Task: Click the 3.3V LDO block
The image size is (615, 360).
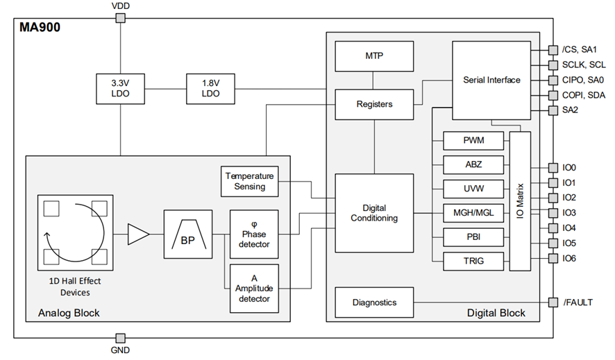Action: click(120, 87)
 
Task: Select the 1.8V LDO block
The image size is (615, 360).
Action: click(210, 87)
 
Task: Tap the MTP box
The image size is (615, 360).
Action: click(374, 55)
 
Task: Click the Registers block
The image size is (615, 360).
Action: click(374, 104)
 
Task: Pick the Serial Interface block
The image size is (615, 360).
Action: click(491, 80)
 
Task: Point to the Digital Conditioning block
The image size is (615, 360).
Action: click(374, 213)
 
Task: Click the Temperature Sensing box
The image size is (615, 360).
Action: click(249, 181)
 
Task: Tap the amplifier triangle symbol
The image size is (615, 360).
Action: click(138, 236)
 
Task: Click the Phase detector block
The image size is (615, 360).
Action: click(254, 234)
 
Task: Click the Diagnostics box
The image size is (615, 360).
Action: click(374, 302)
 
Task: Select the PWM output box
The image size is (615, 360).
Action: click(473, 142)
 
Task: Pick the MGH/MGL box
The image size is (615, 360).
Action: click(473, 212)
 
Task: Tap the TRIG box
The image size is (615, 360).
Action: click(473, 261)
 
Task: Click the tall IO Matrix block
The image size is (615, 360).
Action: click(520, 201)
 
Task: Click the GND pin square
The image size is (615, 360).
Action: click(120, 338)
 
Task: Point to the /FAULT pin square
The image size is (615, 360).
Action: click(553, 302)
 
